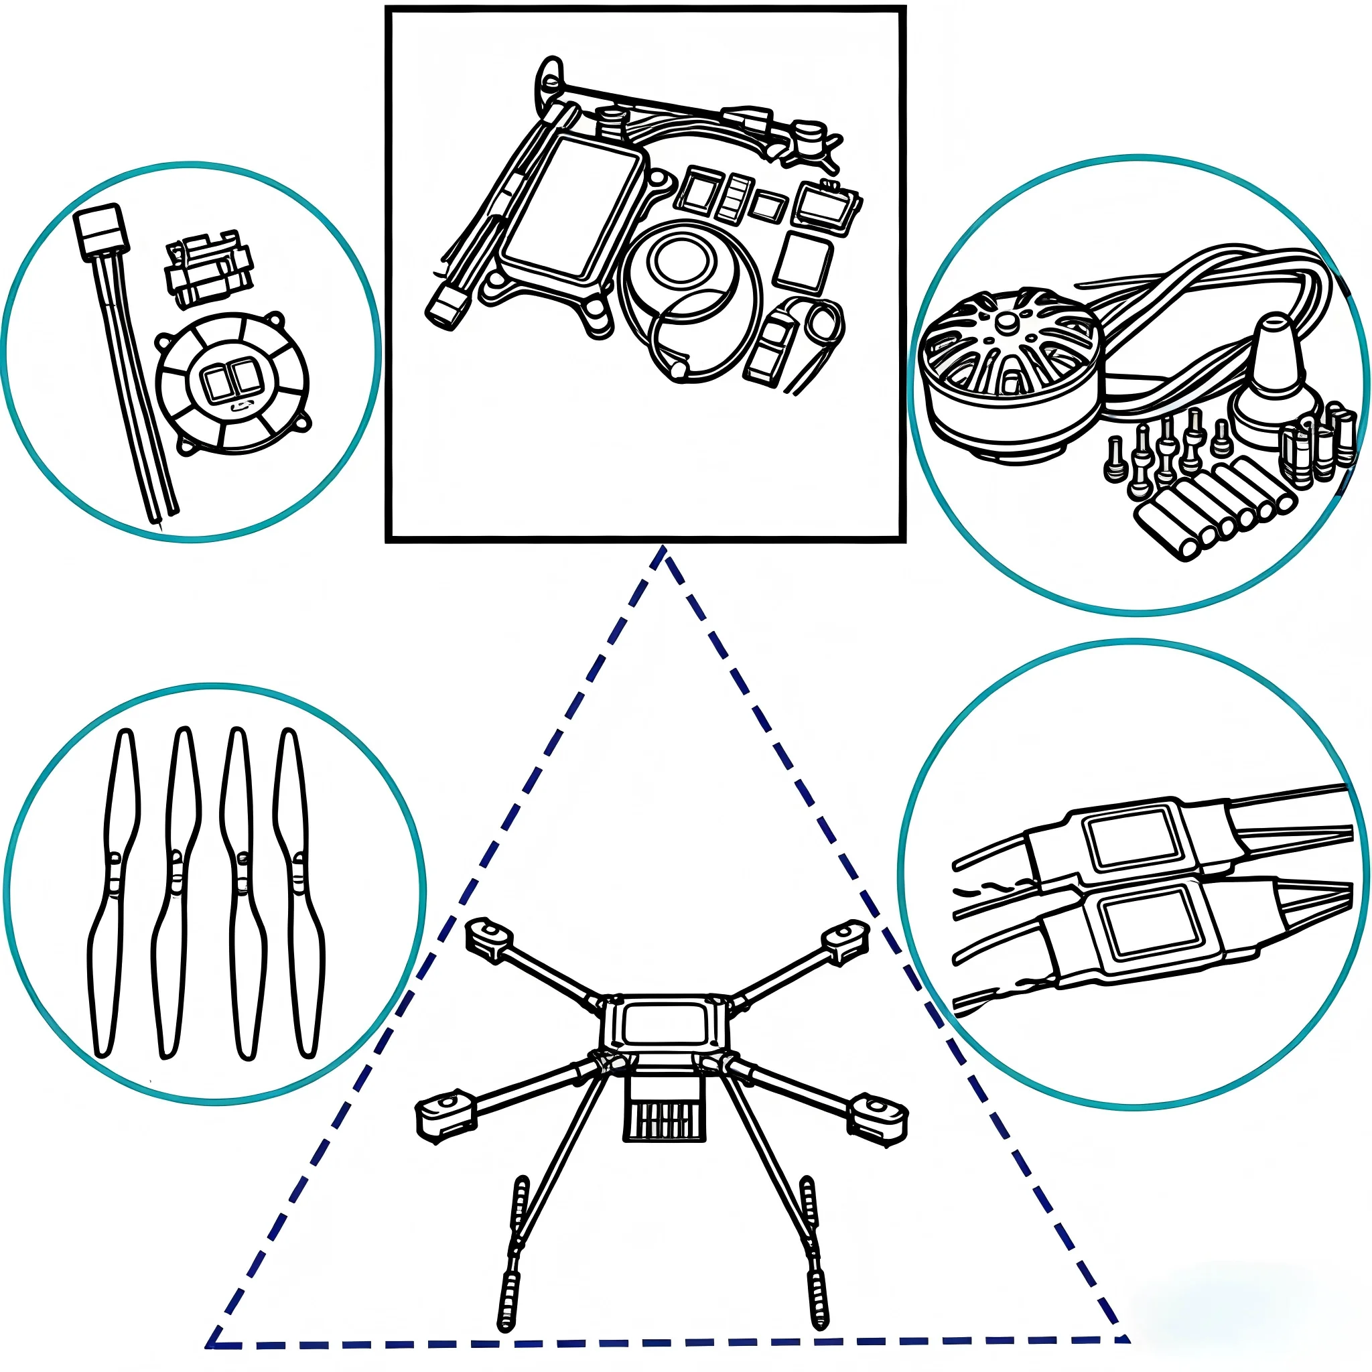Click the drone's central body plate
pos(664,1022)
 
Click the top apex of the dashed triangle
pos(663,551)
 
